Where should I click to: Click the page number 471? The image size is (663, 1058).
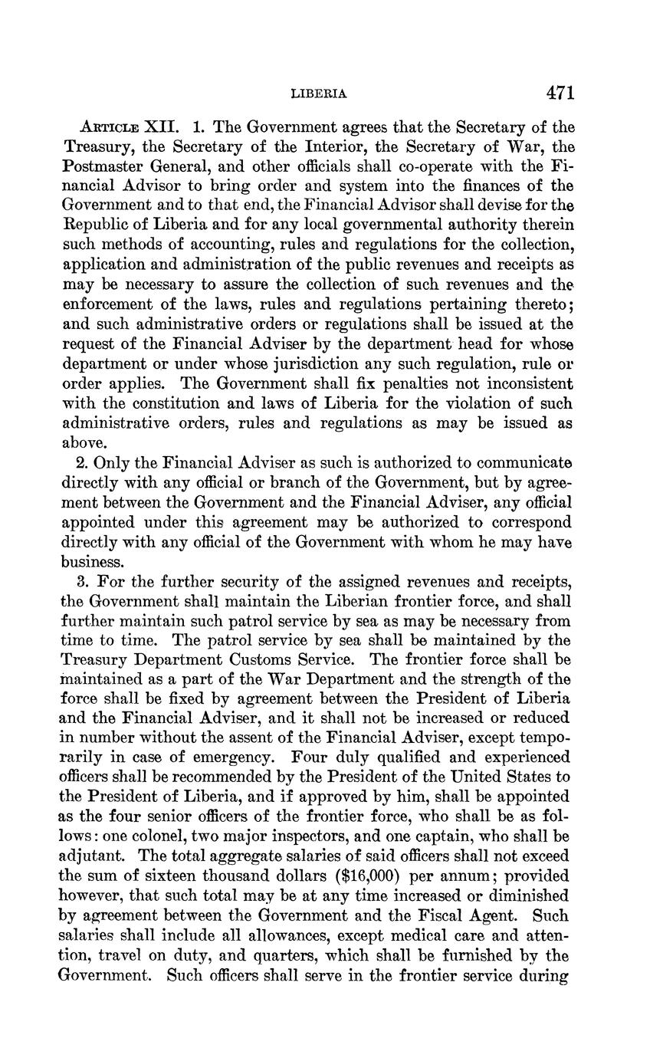click(560, 94)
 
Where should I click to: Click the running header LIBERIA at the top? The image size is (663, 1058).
click(320, 94)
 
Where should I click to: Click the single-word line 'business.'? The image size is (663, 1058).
click(90, 561)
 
